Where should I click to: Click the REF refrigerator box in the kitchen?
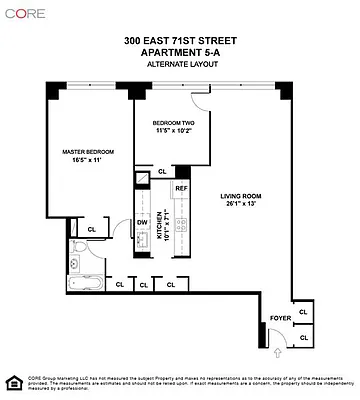pos(181,189)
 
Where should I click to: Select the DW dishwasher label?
pos(142,223)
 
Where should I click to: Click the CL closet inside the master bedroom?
pos(91,229)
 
